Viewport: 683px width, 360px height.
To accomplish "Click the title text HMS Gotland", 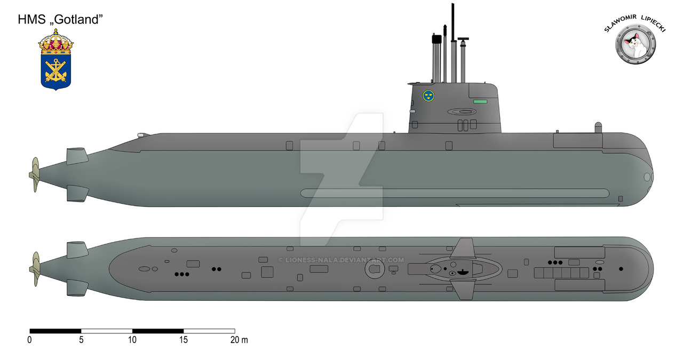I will (60, 20).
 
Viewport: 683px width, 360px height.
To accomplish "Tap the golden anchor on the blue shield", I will (55, 70).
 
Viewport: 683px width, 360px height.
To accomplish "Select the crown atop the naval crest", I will (55, 43).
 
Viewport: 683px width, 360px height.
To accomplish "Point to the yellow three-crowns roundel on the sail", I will (428, 96).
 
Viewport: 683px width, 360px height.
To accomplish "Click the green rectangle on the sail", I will (480, 100).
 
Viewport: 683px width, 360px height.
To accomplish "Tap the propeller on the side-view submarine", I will (35, 174).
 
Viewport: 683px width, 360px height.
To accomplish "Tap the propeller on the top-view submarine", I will (35, 269).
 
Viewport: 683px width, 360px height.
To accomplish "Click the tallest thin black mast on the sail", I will (453, 21).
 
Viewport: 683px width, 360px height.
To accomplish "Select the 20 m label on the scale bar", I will (239, 340).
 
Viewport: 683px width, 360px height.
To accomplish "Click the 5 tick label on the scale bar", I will (81, 340).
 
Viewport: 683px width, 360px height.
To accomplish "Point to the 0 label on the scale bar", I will (30, 340).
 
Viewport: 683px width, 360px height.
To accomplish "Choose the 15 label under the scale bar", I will (184, 340).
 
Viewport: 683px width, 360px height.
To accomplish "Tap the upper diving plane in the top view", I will (465, 249).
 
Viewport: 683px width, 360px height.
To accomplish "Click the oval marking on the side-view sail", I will (462, 112).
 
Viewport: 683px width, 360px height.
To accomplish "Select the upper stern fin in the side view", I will (77, 156).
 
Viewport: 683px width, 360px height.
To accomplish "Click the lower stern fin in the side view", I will (77, 193).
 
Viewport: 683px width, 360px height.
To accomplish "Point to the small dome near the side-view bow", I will (598, 127).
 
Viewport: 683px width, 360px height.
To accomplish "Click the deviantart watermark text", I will (341, 260).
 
